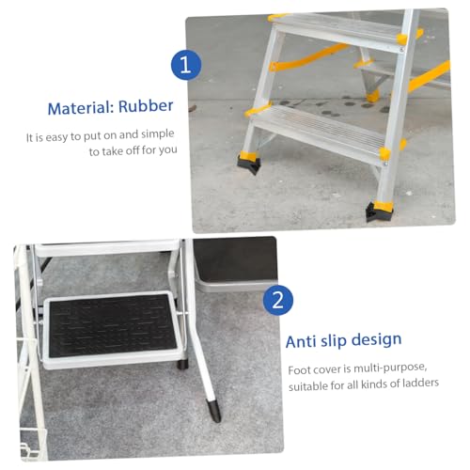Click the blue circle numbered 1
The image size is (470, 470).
tap(186, 65)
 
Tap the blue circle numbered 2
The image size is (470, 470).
tap(278, 300)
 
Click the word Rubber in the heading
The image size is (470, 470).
tap(146, 106)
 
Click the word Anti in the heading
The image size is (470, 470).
tap(301, 341)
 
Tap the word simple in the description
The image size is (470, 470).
tap(157, 134)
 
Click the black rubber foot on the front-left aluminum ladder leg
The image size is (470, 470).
tap(249, 164)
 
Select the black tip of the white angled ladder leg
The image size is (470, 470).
tap(214, 411)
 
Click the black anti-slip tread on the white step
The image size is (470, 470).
tap(112, 326)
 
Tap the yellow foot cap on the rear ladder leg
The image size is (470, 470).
tap(372, 96)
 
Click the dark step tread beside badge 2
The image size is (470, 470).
tap(236, 259)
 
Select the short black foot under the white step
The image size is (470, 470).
tap(183, 364)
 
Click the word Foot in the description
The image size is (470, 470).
tap(299, 370)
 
